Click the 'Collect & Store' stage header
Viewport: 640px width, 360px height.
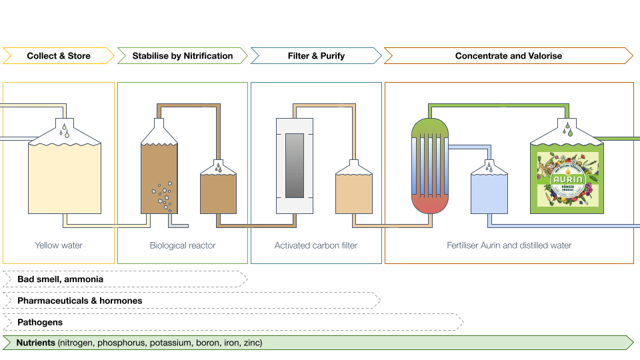[59, 56]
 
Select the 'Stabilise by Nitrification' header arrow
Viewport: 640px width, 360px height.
[183, 56]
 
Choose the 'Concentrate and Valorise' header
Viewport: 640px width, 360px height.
[508, 56]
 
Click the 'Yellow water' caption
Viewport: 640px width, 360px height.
[59, 245]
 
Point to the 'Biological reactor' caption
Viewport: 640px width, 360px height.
[183, 245]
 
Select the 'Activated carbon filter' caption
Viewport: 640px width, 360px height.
[316, 245]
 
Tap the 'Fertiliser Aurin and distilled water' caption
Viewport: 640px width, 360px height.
[509, 245]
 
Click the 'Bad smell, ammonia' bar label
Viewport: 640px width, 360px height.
[60, 279]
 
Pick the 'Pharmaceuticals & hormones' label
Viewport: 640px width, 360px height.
[79, 301]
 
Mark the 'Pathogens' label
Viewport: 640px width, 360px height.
[40, 322]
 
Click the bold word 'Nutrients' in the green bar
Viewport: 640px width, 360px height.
[36, 343]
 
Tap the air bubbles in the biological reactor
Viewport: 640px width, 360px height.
[162, 195]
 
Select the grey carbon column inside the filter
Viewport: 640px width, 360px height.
[295, 165]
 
